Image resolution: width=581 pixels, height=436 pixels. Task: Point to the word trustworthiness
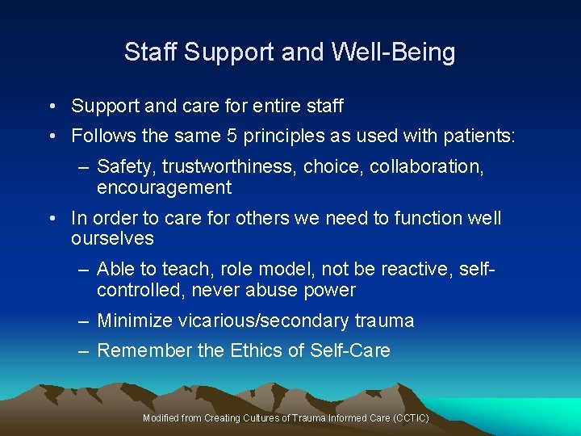click(x=229, y=167)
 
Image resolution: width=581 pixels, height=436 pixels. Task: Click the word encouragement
click(x=164, y=188)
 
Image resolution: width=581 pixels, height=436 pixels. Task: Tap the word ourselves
click(x=112, y=239)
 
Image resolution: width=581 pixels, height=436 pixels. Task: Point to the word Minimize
click(x=135, y=321)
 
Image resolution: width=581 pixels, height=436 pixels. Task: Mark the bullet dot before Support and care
click(x=51, y=107)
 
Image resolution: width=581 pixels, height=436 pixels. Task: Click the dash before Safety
click(x=83, y=167)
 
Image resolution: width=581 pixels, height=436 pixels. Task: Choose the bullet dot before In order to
click(x=51, y=219)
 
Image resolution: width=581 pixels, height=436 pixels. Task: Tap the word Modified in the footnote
click(x=160, y=418)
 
